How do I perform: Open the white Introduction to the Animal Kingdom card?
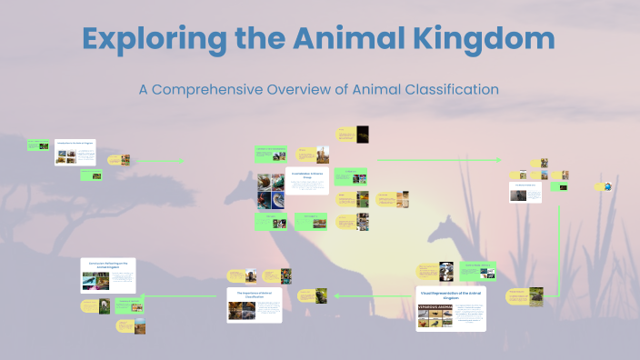click(x=75, y=152)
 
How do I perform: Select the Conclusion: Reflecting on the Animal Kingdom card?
click(x=108, y=275)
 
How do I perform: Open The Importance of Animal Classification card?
click(x=255, y=305)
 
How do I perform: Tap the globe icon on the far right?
click(x=607, y=186)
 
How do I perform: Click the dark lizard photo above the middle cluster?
click(x=362, y=134)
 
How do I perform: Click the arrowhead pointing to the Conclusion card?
click(x=142, y=294)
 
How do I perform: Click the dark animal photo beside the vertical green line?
click(x=537, y=295)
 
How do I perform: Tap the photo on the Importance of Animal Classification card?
click(x=241, y=310)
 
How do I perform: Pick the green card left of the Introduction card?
click(x=37, y=145)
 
